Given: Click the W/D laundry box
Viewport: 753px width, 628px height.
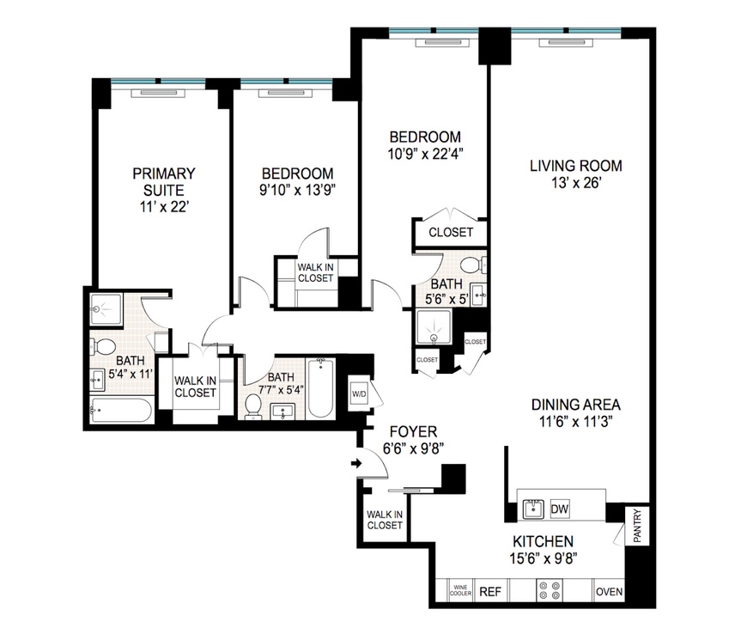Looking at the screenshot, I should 358,395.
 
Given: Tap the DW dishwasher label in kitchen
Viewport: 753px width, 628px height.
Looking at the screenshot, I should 560,508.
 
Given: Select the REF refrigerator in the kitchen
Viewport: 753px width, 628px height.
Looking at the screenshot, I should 489,592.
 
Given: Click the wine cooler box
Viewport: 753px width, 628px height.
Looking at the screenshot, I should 460,592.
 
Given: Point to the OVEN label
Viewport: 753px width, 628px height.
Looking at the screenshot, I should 609,592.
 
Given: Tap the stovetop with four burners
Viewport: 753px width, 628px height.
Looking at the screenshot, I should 549,592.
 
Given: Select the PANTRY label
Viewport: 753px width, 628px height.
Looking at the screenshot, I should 637,525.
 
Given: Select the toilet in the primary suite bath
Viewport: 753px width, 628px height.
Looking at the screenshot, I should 104,347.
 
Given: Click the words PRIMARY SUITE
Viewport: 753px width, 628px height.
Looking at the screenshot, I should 163,181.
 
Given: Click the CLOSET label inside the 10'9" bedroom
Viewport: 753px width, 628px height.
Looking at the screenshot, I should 451,232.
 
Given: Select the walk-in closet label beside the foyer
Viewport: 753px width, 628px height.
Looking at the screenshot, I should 384,520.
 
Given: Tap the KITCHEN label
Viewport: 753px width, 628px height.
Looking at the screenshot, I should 543,542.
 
